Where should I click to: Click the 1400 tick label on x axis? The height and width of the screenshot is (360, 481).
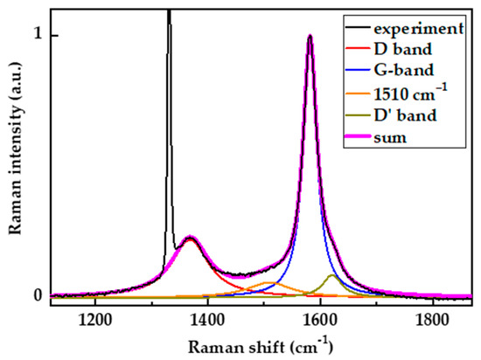coord(206,320)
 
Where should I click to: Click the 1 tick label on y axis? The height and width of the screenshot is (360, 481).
coord(38,36)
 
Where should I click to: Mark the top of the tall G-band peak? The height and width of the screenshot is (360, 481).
coord(310,37)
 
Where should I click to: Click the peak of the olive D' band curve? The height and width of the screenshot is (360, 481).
coord(331,275)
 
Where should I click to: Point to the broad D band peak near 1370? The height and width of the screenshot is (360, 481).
coord(190,238)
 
